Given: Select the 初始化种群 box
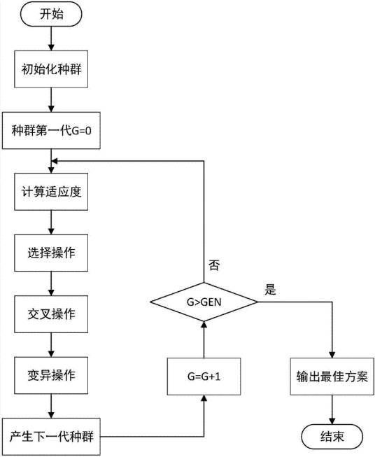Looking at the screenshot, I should tap(51, 70).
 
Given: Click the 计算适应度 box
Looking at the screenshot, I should tap(51, 192).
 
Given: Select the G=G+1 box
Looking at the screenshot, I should tap(204, 375).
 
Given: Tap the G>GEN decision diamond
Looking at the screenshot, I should tap(204, 302).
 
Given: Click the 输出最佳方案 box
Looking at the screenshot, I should tap(332, 375).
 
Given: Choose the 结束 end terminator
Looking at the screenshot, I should tap(332, 436).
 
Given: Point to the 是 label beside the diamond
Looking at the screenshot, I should tap(270, 289).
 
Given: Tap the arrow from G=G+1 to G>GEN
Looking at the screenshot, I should tap(204, 339).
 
